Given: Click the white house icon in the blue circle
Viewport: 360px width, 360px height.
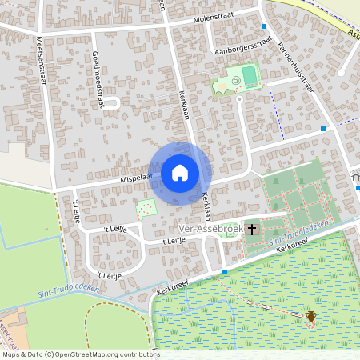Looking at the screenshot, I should pyautogui.click(x=180, y=173).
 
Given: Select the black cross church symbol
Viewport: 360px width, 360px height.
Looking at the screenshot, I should pyautogui.click(x=252, y=229).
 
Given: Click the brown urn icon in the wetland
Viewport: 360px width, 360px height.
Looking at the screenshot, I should pyautogui.click(x=310, y=318).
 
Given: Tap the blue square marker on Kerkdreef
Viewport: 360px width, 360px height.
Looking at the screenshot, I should pyautogui.click(x=225, y=273).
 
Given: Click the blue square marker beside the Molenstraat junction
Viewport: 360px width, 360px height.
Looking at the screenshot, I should pyautogui.click(x=263, y=26).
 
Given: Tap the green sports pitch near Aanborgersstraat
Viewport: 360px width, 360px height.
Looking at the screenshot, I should pyautogui.click(x=250, y=76).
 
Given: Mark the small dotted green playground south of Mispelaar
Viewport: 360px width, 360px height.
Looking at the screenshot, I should pyautogui.click(x=146, y=210).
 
